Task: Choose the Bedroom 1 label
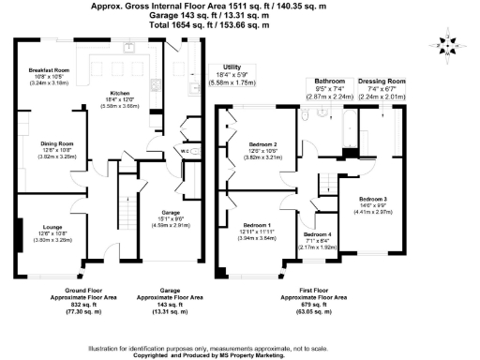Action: click(257, 225)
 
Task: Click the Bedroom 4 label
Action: click(317, 233)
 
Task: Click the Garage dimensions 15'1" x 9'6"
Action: click(170, 220)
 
